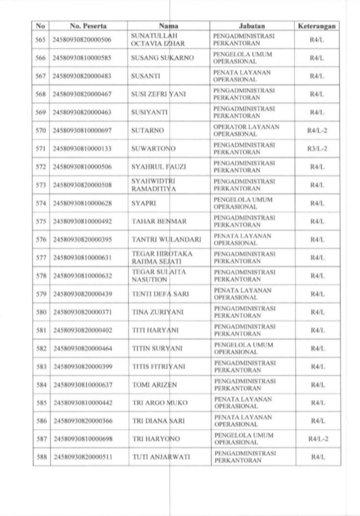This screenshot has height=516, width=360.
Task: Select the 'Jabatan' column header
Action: tap(252, 26)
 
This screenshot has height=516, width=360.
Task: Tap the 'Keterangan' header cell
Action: tap(317, 26)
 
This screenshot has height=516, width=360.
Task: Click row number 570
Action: tap(41, 131)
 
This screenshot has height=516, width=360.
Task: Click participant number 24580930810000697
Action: tap(82, 131)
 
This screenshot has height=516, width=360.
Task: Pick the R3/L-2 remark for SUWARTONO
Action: tap(317, 148)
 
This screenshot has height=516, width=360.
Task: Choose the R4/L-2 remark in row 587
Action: tap(317, 439)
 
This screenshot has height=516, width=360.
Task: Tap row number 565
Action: tap(41, 40)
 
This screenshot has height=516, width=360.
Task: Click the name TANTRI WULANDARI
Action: tap(166, 239)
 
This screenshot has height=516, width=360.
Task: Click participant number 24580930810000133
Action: tap(82, 148)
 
